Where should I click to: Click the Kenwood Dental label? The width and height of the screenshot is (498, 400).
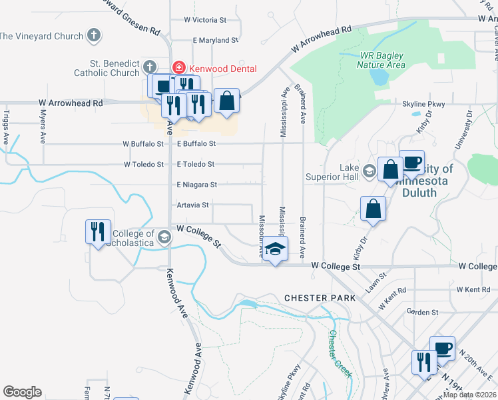(x=219, y=68)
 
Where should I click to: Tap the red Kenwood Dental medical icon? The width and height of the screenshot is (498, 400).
(x=178, y=67)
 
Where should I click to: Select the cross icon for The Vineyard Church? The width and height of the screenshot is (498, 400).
(x=95, y=35)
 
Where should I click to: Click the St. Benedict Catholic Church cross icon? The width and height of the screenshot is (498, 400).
(x=149, y=67)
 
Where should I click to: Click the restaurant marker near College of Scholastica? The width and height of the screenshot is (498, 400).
(x=98, y=232)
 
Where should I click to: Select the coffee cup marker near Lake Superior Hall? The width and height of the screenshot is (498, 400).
(x=411, y=163)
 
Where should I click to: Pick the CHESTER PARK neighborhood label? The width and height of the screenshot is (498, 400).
(x=320, y=297)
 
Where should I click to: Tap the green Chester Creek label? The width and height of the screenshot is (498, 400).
(x=340, y=353)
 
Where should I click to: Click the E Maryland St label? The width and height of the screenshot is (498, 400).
(x=214, y=41)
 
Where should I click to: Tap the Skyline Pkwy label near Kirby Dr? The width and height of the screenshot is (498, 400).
(x=423, y=105)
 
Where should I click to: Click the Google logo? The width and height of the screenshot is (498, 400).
(x=22, y=392)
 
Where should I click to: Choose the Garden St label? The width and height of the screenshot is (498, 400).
(x=422, y=311)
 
